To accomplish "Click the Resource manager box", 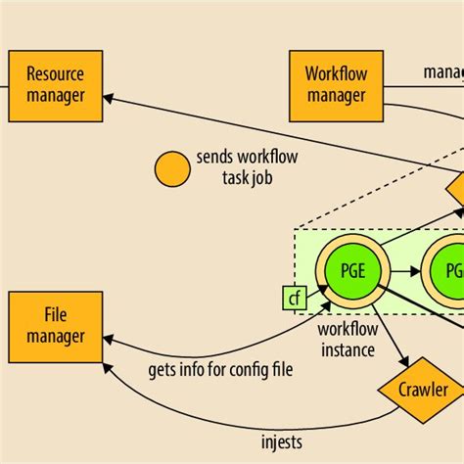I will click(55, 85).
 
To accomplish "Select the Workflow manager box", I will click(337, 85).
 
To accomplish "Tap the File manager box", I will click(55, 326).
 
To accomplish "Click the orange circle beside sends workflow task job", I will click(172, 168).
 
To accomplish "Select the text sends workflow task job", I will click(246, 167).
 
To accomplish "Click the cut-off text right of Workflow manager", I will click(442, 71).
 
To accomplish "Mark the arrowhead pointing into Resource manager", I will click(109, 96).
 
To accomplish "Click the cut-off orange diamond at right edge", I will click(455, 187).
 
